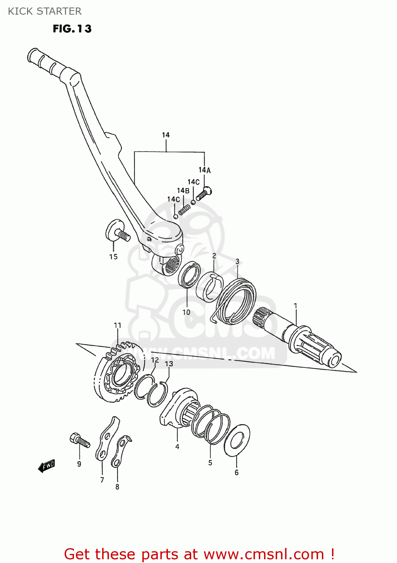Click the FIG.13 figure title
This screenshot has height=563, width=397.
72,29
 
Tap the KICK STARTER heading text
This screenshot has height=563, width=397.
45,11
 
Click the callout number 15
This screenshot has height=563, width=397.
113,257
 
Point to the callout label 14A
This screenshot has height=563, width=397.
205,170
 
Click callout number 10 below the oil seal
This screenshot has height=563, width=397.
186,312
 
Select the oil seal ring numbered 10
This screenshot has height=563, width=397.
189,274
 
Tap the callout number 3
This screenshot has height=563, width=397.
237,261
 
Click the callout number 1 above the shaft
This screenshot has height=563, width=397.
295,306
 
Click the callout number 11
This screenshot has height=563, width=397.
118,325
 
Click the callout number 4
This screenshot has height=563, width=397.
177,446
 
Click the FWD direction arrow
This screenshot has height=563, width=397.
47,466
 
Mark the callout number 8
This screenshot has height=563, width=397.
117,487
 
